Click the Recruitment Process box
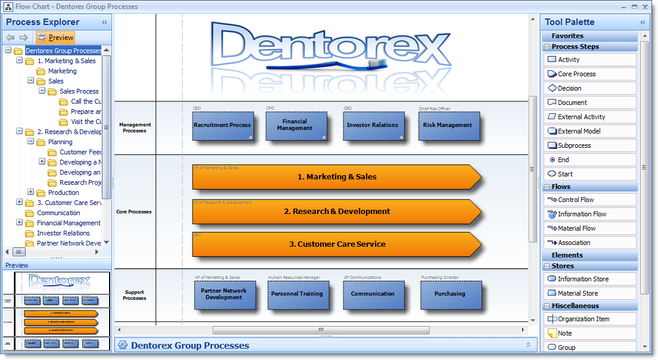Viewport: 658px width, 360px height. (222, 126)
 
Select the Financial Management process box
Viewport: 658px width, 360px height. (295, 126)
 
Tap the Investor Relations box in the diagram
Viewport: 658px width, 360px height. (372, 126)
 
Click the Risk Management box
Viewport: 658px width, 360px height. (448, 126)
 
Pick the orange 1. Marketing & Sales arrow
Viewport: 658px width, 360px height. (337, 177)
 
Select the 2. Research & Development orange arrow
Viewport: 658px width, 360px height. (337, 212)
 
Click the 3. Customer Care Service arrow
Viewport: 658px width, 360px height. (337, 244)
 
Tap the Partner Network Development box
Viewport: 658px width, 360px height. (224, 294)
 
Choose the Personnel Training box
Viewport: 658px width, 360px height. (297, 294)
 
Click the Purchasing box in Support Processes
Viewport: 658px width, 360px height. (449, 294)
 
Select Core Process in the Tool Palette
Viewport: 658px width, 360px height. (576, 74)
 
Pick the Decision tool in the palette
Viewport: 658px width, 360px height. (569, 88)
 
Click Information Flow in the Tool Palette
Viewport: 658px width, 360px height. (582, 214)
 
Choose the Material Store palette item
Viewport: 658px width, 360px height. (578, 293)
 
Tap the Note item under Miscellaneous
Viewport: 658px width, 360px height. (564, 333)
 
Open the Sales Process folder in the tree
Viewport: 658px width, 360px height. (79, 91)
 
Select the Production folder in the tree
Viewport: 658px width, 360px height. (63, 193)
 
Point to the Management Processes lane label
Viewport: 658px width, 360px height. (135, 128)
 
